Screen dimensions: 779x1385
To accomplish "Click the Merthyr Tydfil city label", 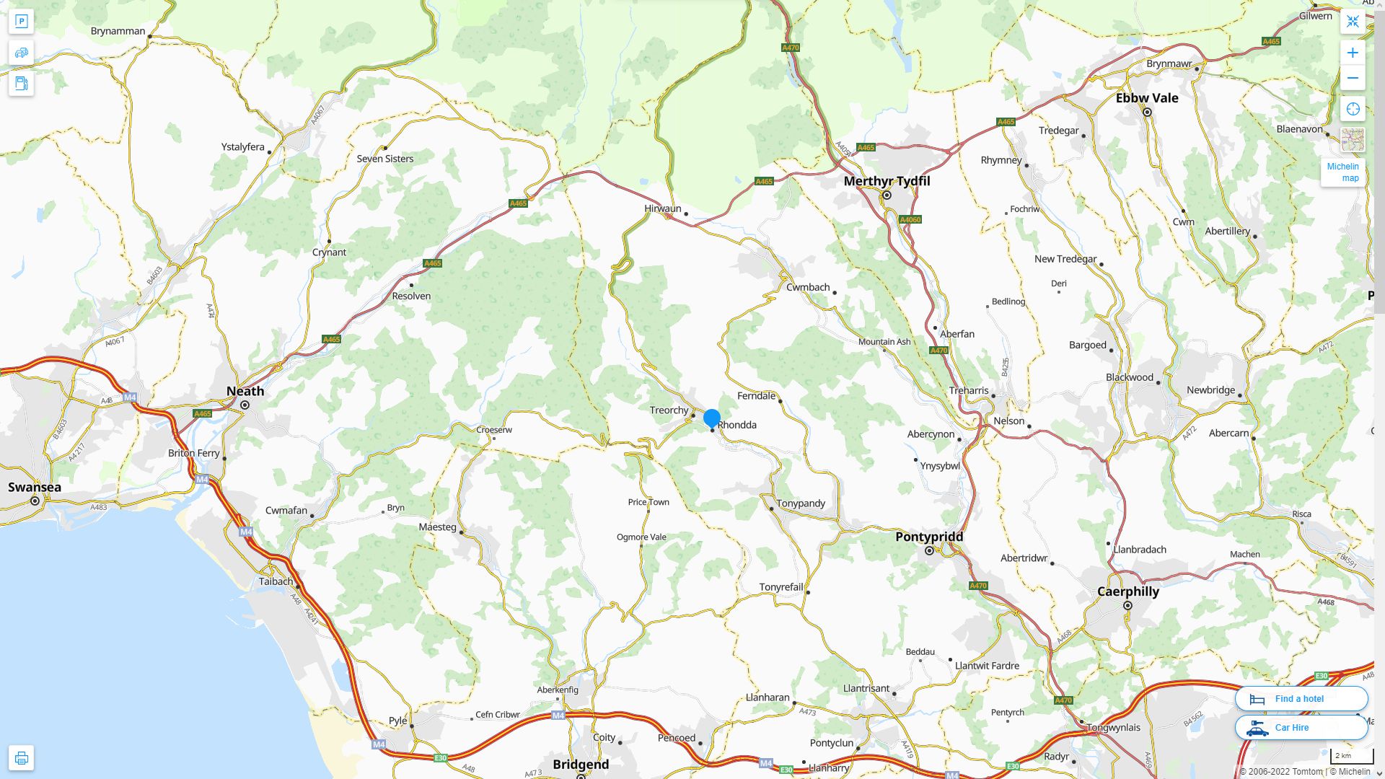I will point(887,181).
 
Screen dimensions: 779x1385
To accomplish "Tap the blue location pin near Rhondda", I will point(712,418).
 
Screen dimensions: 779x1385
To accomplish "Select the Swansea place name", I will point(35,487).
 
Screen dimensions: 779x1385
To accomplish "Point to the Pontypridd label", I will point(929,537).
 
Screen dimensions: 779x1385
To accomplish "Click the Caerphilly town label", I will point(1128,591).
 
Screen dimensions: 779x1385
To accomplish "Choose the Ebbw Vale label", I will point(1147,98).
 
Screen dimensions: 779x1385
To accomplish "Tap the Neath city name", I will point(245,391).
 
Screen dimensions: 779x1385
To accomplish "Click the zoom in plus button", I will point(1353,53).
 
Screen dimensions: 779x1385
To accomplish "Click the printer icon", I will point(21,758).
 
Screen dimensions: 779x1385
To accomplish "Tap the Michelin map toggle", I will point(1342,172).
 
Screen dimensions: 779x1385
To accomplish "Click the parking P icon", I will point(21,21).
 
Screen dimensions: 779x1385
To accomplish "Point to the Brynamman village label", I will point(118,31).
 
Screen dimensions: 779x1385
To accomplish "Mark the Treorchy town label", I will point(669,410).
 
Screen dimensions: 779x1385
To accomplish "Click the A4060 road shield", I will point(910,219).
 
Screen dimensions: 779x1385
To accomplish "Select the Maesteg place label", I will point(438,527).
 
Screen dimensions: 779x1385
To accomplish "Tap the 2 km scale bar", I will point(1351,756).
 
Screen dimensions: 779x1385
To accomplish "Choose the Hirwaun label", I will point(662,208).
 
